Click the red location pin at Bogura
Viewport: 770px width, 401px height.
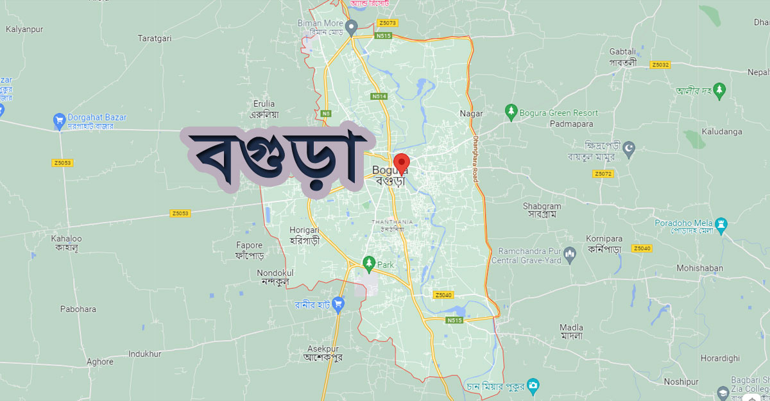tap(402, 162)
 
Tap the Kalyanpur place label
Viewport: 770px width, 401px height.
tap(24, 29)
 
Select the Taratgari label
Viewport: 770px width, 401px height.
tap(155, 38)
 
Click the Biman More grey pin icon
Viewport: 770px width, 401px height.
tap(351, 28)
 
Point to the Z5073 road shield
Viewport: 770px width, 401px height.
tap(388, 23)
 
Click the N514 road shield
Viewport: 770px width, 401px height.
tap(379, 96)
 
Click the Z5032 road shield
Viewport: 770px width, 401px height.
tap(660, 65)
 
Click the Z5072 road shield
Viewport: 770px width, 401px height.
tap(603, 174)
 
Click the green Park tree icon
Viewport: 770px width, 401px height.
tap(368, 262)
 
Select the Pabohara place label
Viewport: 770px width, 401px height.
tap(78, 309)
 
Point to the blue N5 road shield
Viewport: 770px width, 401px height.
tap(327, 114)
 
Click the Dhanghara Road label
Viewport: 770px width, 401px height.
tap(476, 158)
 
